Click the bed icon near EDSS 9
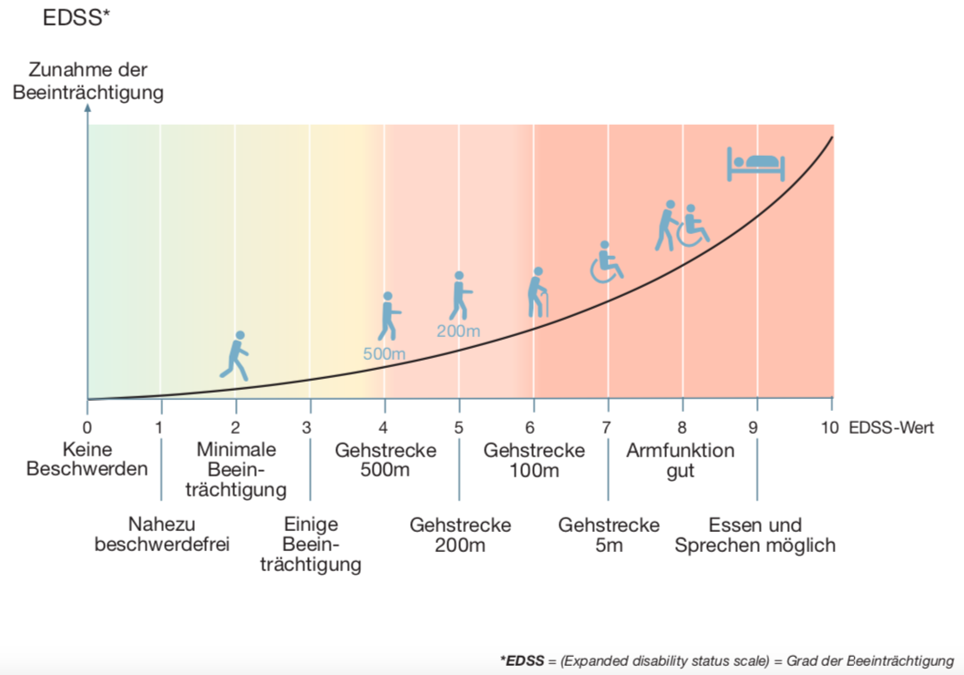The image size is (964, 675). (755, 164)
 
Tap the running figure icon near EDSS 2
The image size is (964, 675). (235, 355)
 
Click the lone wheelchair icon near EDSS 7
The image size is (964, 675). (606, 262)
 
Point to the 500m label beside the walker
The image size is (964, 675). (384, 353)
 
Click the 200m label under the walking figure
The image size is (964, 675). (458, 331)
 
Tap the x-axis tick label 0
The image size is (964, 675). (87, 427)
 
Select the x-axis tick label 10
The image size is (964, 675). (830, 427)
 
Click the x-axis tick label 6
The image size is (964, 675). (533, 427)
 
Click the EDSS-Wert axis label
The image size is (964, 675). (891, 427)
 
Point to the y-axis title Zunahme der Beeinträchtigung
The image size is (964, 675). (87, 81)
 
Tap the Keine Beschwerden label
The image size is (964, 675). (87, 460)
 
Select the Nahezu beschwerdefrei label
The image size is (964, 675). (162, 535)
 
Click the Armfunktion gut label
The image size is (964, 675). (680, 460)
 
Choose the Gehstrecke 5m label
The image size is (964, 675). (609, 535)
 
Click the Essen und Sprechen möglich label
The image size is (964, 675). (755, 535)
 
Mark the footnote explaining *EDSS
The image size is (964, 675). (726, 660)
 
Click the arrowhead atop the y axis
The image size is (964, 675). (87, 107)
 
